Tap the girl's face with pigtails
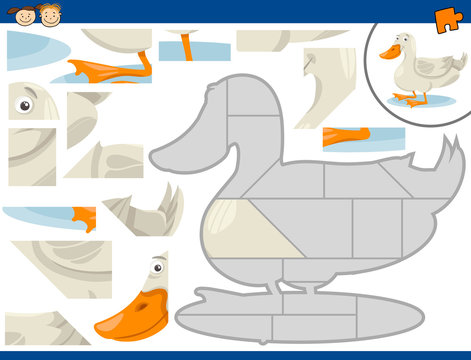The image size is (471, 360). pyautogui.click(x=21, y=14)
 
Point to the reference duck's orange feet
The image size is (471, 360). pyautogui.click(x=411, y=98)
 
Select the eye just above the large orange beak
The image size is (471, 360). pyautogui.click(x=158, y=267)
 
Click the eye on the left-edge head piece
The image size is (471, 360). pyautogui.click(x=24, y=103)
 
